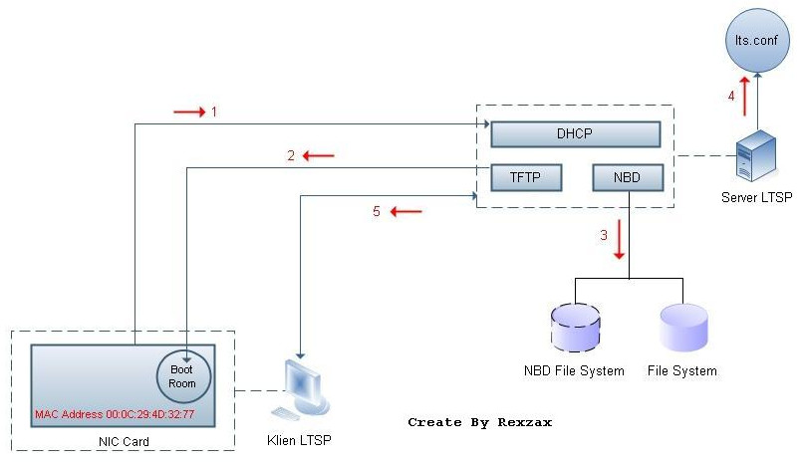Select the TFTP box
527,178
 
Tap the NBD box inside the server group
627,178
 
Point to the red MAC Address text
115,413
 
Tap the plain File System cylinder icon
682,328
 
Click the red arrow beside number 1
188,112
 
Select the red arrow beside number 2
319,155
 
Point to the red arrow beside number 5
405,211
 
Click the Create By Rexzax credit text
479,422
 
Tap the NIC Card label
122,439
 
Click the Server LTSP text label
756,197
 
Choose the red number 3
603,236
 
